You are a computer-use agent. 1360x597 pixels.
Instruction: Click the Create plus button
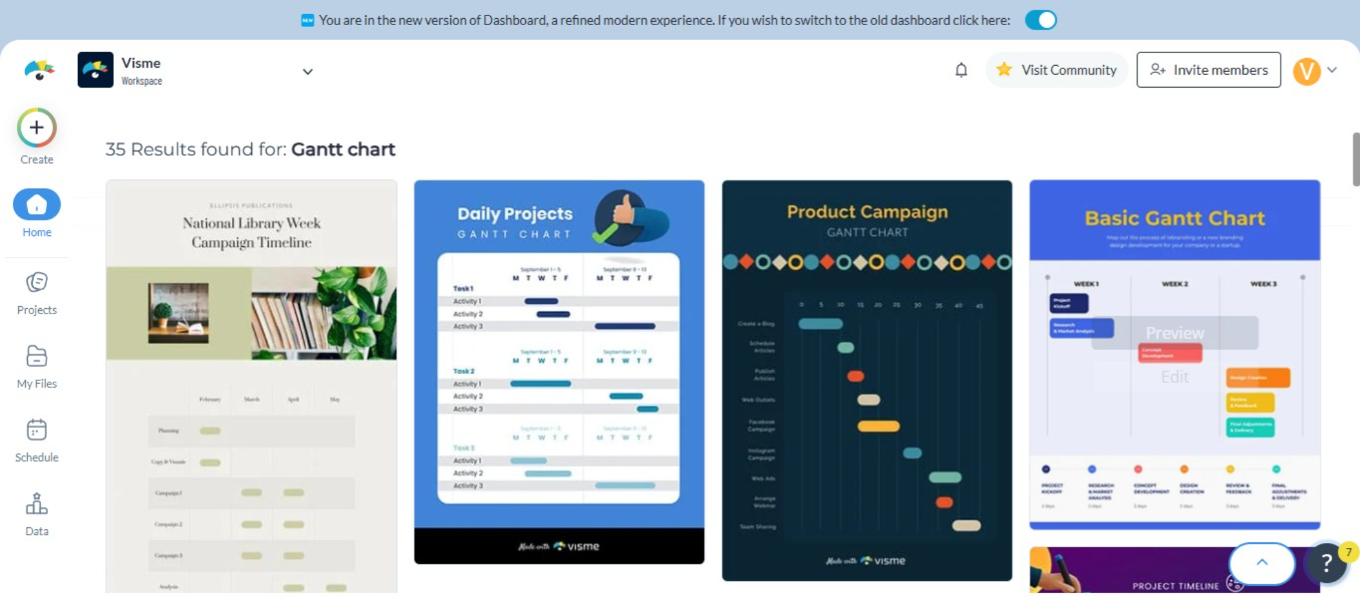37,128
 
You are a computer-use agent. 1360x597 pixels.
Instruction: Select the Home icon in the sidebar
37,205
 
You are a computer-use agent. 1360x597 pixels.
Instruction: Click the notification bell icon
961,70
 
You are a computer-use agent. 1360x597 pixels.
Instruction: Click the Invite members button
1208,70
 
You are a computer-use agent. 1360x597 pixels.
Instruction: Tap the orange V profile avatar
1307,70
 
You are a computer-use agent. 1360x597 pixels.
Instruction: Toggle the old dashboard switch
1040,20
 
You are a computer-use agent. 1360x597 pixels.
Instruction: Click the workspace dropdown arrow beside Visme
308,72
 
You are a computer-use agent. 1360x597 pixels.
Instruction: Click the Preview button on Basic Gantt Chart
1174,333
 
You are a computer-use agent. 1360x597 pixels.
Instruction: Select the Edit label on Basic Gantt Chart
1174,377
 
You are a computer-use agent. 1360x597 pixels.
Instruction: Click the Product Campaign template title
867,212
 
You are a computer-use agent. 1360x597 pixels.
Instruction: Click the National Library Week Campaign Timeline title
251,233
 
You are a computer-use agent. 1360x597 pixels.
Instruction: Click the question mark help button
1326,563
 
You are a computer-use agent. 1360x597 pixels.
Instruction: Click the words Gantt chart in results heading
343,150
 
